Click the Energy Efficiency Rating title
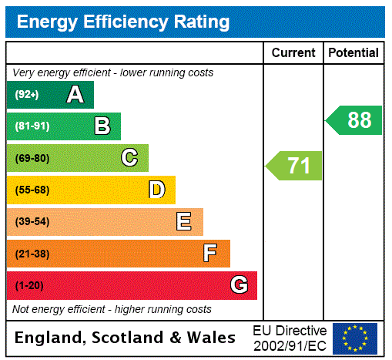123,22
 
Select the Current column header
293,53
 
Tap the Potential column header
353,53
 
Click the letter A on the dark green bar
75,95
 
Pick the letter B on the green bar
102,126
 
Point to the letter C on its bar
129,158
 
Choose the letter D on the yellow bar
157,190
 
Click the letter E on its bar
184,222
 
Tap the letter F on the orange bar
210,254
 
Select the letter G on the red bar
239,285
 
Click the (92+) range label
27,95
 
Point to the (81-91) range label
32,126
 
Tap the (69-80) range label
32,158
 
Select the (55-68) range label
32,190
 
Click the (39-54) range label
32,222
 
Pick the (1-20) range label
29,285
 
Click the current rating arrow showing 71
295,166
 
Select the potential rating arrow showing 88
354,120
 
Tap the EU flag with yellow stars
355,338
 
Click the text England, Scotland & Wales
126,338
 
